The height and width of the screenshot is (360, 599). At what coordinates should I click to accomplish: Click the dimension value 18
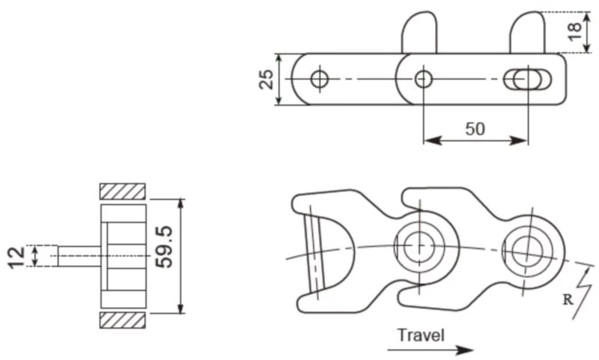click(574, 32)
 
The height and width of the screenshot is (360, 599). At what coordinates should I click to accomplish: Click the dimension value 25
click(266, 79)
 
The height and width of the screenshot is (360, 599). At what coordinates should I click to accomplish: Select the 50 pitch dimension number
click(475, 128)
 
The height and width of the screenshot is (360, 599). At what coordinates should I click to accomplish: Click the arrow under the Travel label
click(431, 350)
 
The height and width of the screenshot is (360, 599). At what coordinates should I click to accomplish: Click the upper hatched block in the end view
click(122, 191)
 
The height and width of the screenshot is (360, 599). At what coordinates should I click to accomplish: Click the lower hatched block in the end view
click(122, 320)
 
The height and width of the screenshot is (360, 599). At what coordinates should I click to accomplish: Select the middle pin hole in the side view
click(423, 78)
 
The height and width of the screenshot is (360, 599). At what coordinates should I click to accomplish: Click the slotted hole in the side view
click(528, 79)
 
